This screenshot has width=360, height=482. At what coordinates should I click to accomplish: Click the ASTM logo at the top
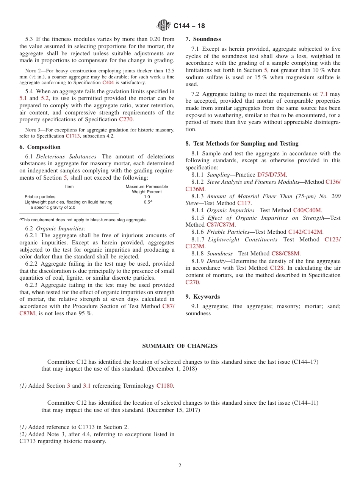(x=164, y=25)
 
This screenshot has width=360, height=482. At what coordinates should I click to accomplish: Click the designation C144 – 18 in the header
(x=189, y=26)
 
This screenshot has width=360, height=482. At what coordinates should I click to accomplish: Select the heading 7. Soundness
(x=203, y=39)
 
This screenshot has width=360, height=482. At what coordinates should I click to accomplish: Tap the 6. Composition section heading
(x=40, y=147)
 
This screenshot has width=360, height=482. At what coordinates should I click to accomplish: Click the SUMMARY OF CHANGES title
(x=180, y=346)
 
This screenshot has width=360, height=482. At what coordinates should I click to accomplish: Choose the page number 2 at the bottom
(x=180, y=466)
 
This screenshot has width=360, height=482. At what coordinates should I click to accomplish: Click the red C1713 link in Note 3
(x=72, y=136)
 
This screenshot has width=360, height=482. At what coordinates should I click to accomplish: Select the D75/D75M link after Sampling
(x=272, y=175)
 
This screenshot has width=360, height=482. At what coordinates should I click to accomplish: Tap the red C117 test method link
(x=244, y=203)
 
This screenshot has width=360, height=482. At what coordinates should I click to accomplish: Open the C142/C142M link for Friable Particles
(x=305, y=232)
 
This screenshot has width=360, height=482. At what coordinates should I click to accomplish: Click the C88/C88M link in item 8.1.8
(x=286, y=254)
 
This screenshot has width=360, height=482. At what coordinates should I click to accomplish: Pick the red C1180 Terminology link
(x=164, y=386)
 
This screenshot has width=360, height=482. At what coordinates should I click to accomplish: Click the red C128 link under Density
(x=276, y=268)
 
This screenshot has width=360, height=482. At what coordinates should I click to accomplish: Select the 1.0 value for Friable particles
(x=147, y=197)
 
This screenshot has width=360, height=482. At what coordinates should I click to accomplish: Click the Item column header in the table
(x=69, y=186)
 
